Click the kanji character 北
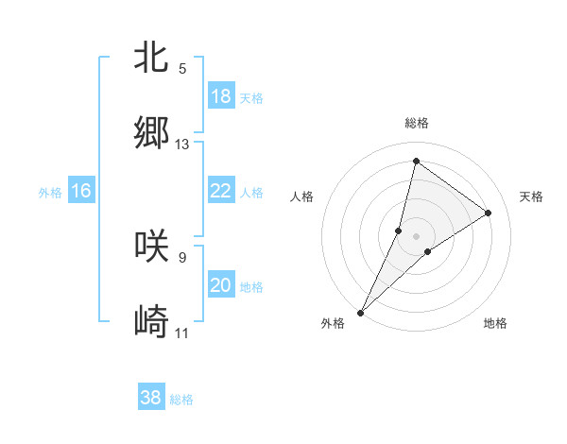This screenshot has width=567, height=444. [151, 57]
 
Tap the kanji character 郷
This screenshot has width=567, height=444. [151, 133]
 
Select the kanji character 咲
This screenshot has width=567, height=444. [151, 245]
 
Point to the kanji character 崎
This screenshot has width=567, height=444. [151, 322]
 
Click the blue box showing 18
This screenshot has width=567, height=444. [221, 95]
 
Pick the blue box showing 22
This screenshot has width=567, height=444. [221, 191]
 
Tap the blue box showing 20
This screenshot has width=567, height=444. [221, 285]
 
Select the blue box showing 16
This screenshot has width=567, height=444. [81, 191]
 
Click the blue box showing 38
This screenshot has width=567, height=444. [151, 398]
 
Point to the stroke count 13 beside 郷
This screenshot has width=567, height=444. [182, 145]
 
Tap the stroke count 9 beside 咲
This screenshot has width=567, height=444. [182, 256]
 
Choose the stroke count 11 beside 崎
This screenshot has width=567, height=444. [182, 333]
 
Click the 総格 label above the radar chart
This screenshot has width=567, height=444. [417, 123]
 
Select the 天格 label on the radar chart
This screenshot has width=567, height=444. [531, 196]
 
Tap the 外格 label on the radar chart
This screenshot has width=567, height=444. [333, 323]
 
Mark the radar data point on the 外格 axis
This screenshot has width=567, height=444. [361, 312]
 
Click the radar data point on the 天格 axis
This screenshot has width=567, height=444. [489, 213]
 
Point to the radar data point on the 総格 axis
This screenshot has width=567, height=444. [416, 161]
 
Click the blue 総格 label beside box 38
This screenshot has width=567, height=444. [181, 400]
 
